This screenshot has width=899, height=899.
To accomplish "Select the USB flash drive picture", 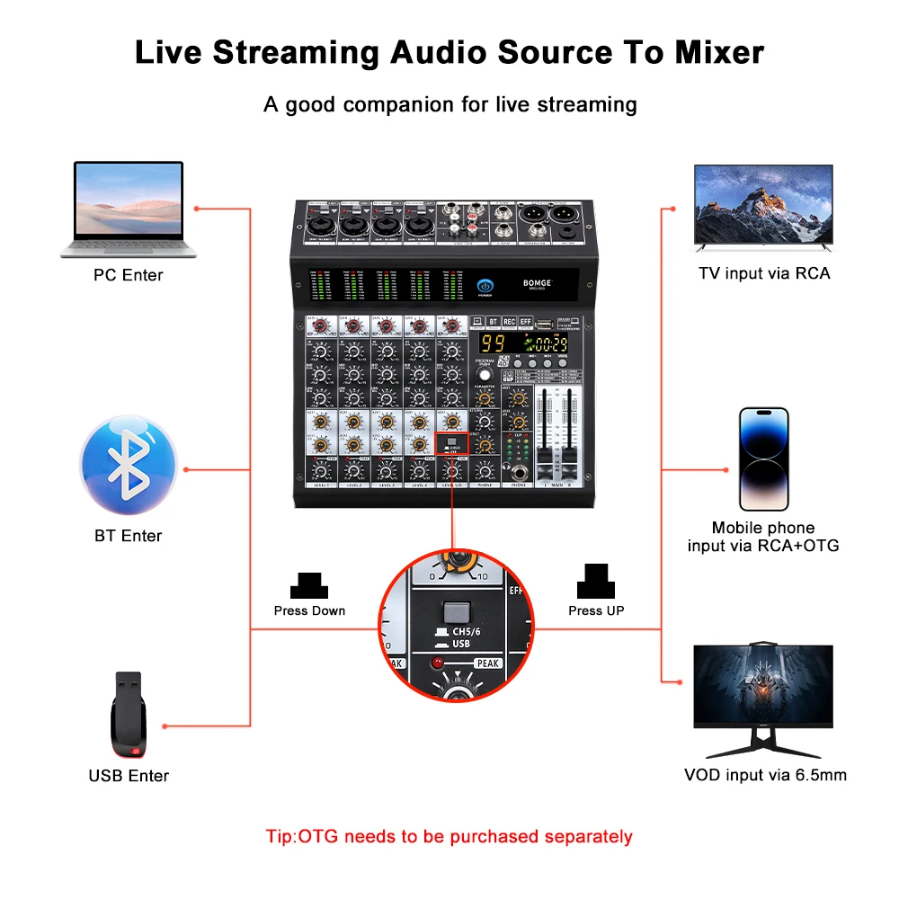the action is coord(129,714).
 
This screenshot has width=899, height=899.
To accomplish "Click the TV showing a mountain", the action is coord(763,207).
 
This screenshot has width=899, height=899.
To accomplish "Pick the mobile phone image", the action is coord(763,459).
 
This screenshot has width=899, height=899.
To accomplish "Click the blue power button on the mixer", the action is coord(485,285).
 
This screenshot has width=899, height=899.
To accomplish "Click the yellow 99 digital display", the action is coord(492,343).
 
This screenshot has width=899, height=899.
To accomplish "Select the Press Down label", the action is coord(309,610).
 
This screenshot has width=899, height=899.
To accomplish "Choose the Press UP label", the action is coord(596,610).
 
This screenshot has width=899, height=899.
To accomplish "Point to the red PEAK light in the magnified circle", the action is coord(439,663).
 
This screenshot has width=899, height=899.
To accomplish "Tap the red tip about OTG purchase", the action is coord(449,836).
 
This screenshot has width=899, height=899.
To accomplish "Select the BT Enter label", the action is coord(129,536).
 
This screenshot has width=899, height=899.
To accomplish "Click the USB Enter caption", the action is coord(129,775).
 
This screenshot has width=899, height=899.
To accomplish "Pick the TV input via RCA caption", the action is coord(764,273).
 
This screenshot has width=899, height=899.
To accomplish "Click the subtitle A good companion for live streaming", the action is coord(449,104).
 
